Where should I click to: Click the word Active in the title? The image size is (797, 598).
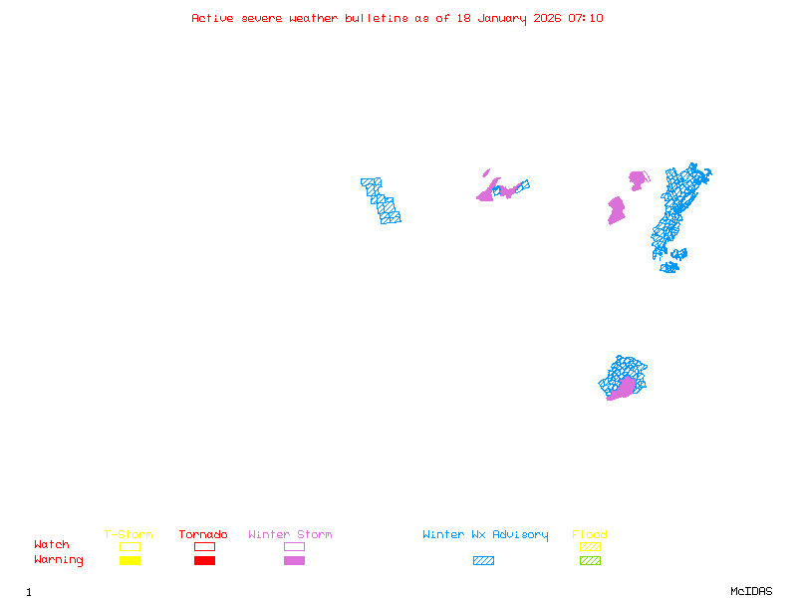click(x=213, y=18)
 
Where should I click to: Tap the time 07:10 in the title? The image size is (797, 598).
click(x=586, y=18)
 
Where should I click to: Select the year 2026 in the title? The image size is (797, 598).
click(x=548, y=18)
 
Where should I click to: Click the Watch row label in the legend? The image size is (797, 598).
click(x=52, y=545)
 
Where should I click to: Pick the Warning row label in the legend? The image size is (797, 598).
click(x=59, y=560)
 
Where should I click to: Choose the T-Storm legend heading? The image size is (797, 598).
click(x=129, y=535)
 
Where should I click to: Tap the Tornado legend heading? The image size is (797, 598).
click(x=203, y=535)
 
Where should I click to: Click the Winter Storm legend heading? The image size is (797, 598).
click(x=290, y=535)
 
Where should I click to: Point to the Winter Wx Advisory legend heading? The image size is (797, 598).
click(x=485, y=535)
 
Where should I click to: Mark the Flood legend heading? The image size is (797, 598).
click(x=590, y=535)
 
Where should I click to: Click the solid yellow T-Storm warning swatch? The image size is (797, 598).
click(x=130, y=561)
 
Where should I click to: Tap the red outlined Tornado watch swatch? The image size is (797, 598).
click(x=204, y=546)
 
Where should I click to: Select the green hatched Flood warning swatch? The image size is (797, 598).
click(x=590, y=561)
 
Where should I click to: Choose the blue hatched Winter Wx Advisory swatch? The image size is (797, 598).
click(x=483, y=561)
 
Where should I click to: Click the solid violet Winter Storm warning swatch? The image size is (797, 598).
click(x=294, y=561)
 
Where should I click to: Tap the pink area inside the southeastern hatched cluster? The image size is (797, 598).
click(x=622, y=390)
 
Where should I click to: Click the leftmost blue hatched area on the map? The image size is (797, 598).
click(x=381, y=201)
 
